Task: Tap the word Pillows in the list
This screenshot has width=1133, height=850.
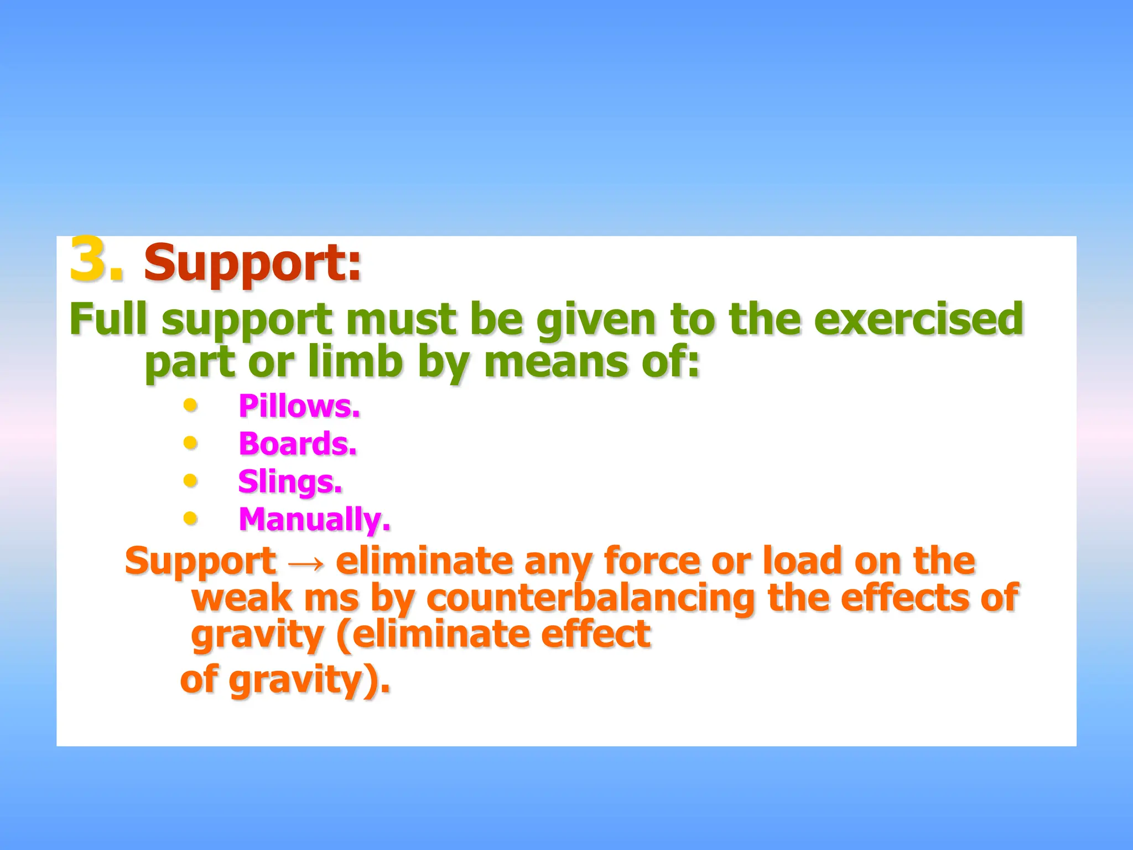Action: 299,406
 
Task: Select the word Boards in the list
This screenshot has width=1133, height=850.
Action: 297,444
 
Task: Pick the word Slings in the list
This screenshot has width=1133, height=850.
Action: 290,481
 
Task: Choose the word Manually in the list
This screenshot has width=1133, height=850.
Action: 314,520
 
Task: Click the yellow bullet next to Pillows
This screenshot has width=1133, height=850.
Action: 190,406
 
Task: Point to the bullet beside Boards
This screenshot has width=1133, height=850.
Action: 190,443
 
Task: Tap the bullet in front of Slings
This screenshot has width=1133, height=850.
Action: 190,480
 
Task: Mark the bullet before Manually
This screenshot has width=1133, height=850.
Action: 190,519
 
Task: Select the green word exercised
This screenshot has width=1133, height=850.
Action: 918,319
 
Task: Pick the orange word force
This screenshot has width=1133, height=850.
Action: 652,561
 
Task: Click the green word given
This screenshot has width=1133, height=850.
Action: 596,319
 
